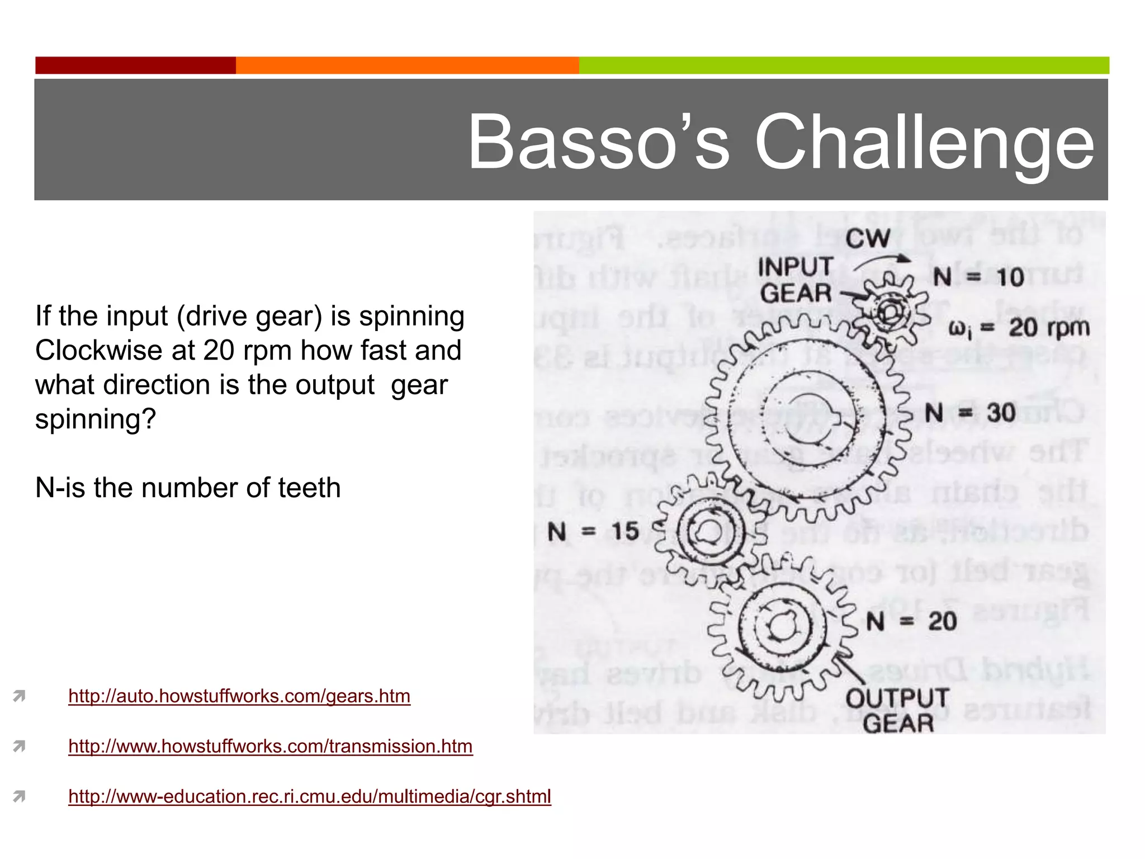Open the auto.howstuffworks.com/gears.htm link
[239, 696]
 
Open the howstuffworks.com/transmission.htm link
[271, 747]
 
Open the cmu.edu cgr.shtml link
[310, 797]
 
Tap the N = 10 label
[978, 277]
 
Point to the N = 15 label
[593, 531]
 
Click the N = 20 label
[911, 621]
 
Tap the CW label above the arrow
[868, 239]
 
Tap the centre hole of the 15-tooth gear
[709, 531]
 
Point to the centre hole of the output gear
[780, 625]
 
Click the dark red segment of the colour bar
[135, 65]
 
